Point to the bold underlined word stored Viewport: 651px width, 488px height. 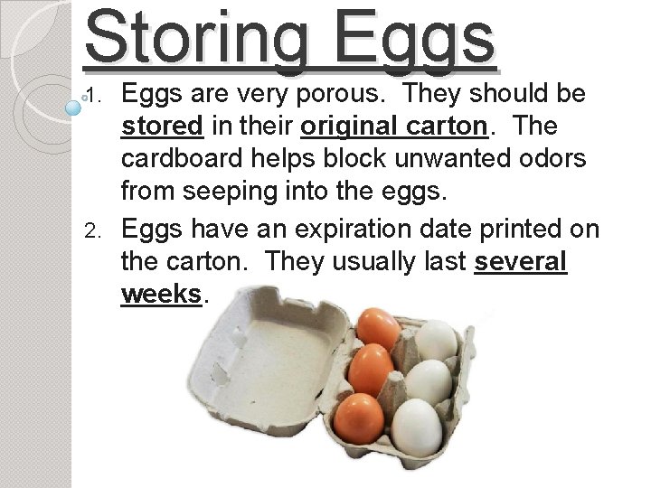pos(162,127)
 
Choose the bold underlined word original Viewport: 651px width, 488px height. pos(357,127)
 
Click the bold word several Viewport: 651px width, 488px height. pos(521,263)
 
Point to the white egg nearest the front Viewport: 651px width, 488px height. pos(418,425)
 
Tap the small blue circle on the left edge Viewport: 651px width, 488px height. pos(74,107)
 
